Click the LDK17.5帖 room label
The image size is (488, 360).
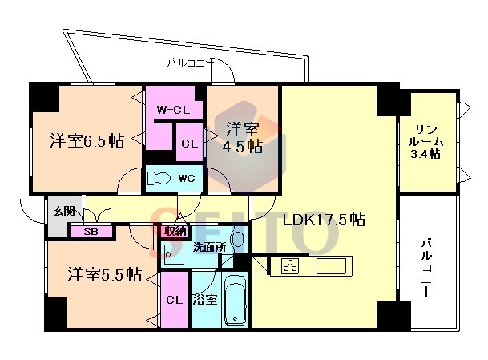[x=324, y=220]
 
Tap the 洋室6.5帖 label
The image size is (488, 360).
[x=87, y=141]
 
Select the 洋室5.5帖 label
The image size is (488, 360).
[x=105, y=274]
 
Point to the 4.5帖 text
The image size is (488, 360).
[x=242, y=147]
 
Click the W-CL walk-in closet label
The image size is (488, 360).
[x=173, y=110]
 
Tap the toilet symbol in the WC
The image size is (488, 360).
[x=159, y=179]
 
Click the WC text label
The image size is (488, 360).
[x=187, y=178]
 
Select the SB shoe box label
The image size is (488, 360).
[x=91, y=232]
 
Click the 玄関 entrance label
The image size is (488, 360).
[x=64, y=211]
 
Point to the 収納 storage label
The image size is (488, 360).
[x=175, y=232]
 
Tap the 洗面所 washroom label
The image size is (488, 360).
[x=209, y=247]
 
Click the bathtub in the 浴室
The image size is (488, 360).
[x=236, y=300]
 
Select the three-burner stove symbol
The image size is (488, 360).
[x=290, y=266]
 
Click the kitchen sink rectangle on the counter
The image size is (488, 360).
[x=331, y=266]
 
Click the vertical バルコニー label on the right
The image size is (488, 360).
[x=426, y=268]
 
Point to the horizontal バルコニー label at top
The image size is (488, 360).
[x=191, y=63]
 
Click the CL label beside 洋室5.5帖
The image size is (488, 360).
[x=175, y=300]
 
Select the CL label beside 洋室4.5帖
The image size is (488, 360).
[x=190, y=144]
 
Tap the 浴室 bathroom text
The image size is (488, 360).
[x=204, y=300]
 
